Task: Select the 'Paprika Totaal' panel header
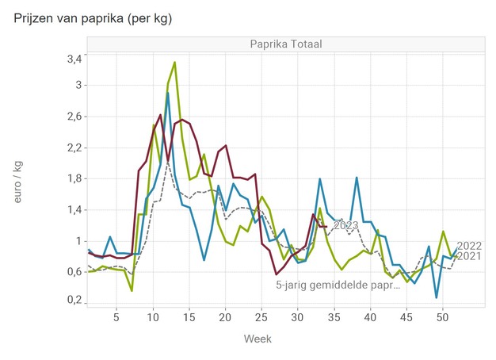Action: [x=285, y=44]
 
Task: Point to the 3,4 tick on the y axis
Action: [x=73, y=59]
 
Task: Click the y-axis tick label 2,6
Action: [x=73, y=117]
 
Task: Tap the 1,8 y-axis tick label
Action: [x=73, y=178]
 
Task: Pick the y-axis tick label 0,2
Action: [x=73, y=301]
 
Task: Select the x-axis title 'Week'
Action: [x=257, y=339]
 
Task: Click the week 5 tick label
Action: [x=116, y=317]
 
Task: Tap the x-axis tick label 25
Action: [x=261, y=317]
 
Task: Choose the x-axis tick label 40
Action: [x=369, y=317]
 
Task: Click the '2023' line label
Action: [x=345, y=226]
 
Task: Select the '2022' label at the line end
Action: [x=470, y=245]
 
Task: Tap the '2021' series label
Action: [x=470, y=255]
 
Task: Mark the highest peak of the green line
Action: [x=174, y=62]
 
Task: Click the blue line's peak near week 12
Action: [x=167, y=93]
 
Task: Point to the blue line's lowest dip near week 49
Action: [x=436, y=297]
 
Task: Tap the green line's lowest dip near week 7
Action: [x=132, y=291]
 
